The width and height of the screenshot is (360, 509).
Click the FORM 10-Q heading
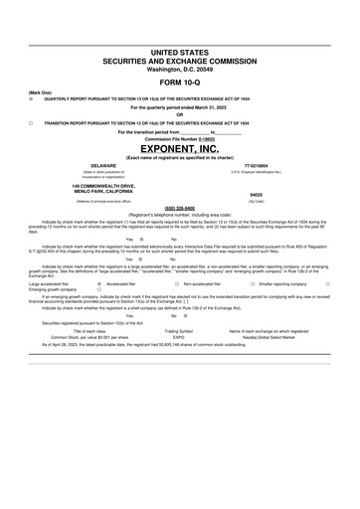(179, 83)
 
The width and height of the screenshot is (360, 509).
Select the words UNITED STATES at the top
(179, 49)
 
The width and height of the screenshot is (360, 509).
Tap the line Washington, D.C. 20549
(179, 70)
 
